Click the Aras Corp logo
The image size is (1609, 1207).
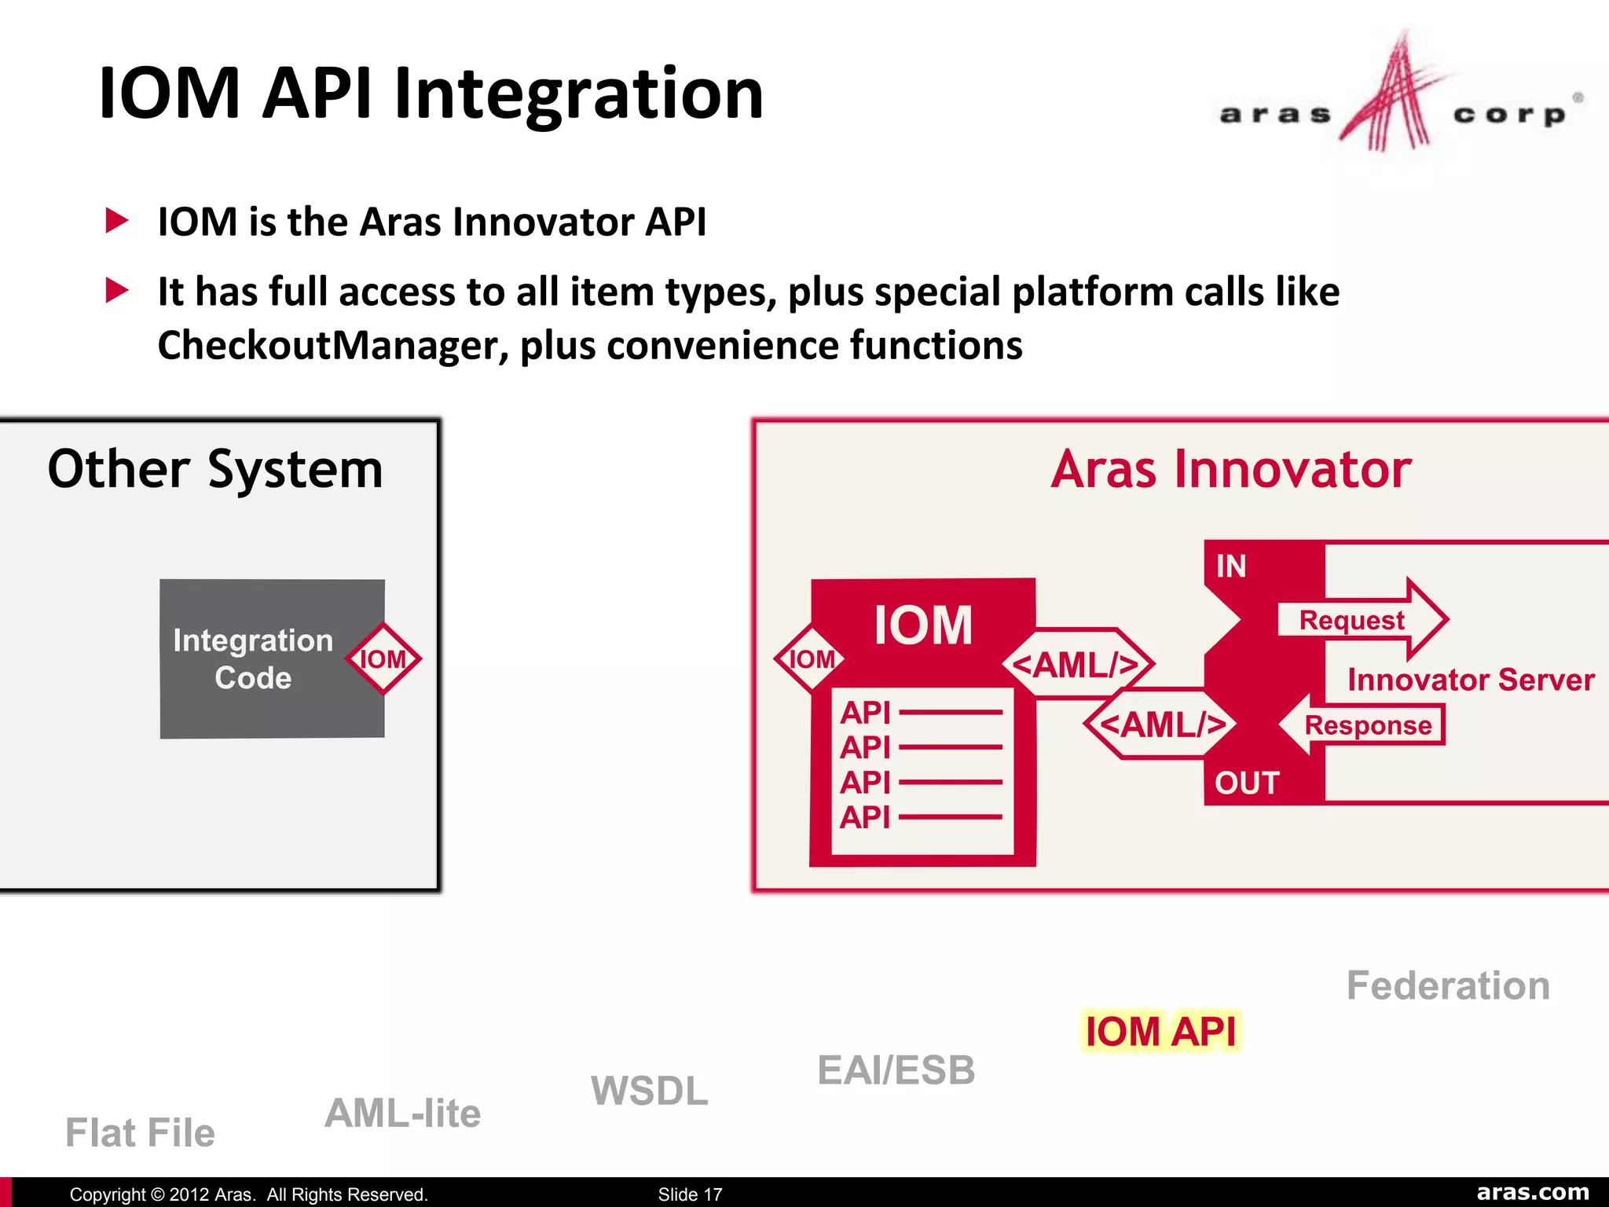(x=1398, y=98)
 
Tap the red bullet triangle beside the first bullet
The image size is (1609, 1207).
(x=116, y=221)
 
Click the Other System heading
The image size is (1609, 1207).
(x=215, y=469)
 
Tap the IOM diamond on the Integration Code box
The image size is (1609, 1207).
(x=383, y=659)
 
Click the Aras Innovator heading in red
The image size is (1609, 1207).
(x=1230, y=470)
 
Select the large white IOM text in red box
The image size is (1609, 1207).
(x=922, y=626)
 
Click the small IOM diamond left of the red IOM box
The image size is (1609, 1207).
(x=811, y=659)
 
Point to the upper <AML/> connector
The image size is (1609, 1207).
(x=1076, y=665)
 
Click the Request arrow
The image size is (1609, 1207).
(x=1361, y=620)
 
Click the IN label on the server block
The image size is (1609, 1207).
(x=1230, y=567)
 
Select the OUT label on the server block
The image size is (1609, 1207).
(x=1246, y=783)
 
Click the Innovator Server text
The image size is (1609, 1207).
(x=1470, y=680)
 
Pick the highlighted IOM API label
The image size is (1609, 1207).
(x=1160, y=1031)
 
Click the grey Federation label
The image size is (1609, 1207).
(x=1447, y=985)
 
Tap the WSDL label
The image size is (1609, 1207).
(x=649, y=1091)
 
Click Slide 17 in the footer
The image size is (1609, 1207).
(x=689, y=1194)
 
